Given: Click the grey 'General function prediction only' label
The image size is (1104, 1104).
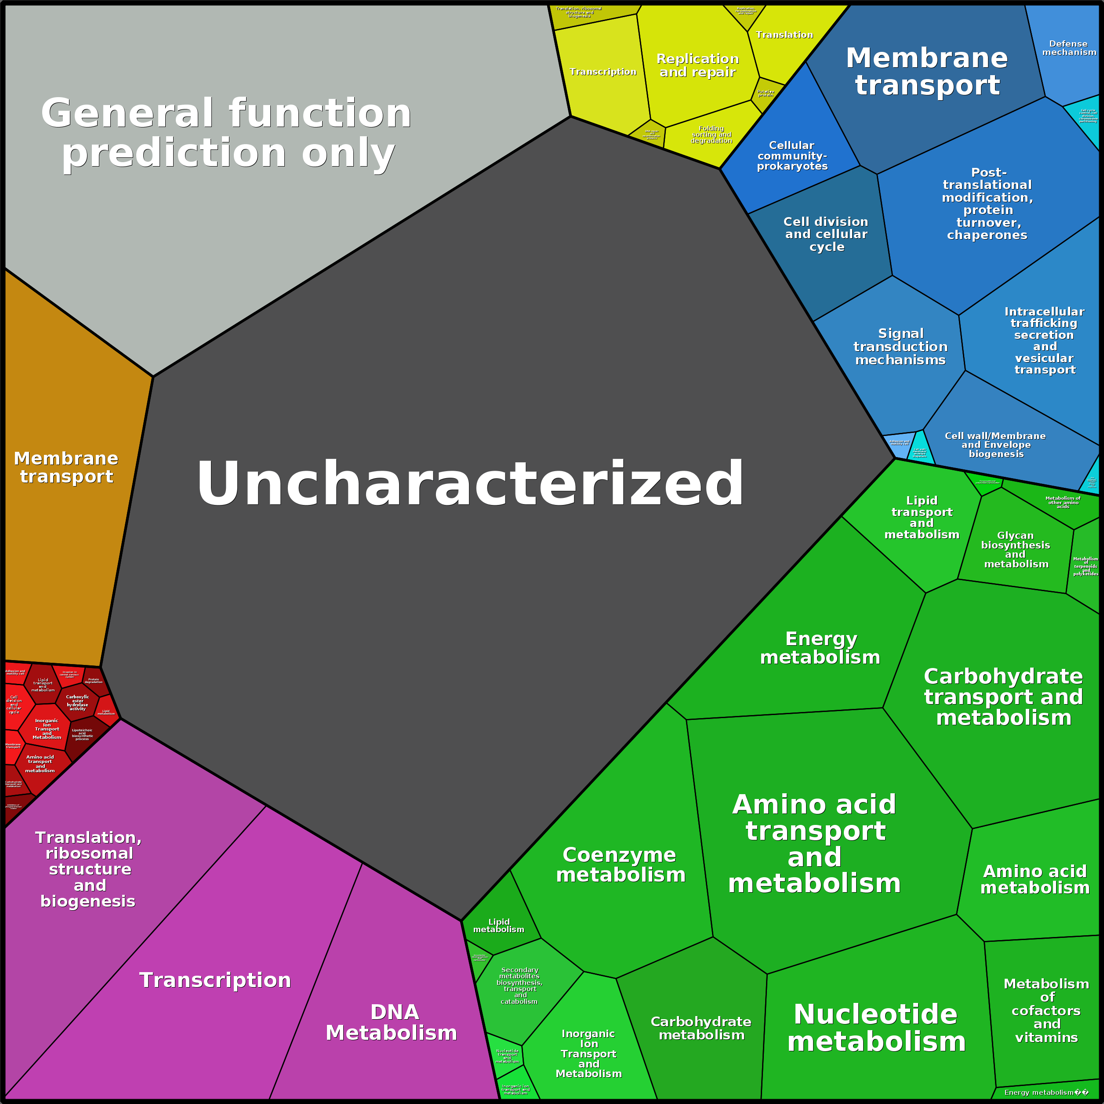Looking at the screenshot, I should (x=226, y=133).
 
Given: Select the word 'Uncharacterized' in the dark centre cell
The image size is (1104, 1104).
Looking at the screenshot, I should (x=470, y=483).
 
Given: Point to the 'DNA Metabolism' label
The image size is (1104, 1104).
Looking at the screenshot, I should (x=392, y=1022).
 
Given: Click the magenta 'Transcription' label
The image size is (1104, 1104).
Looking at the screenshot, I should (x=215, y=980).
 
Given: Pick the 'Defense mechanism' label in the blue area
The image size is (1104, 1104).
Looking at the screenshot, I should (x=1068, y=48).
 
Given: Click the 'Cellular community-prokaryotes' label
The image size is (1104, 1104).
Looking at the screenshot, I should (x=792, y=156).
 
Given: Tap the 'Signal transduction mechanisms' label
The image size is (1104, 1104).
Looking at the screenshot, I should (x=901, y=346).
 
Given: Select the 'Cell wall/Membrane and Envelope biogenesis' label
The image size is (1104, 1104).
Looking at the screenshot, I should (x=995, y=445).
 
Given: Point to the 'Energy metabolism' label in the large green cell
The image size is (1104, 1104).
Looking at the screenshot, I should (x=820, y=648).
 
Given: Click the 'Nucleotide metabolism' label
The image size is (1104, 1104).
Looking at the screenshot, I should (x=876, y=1028).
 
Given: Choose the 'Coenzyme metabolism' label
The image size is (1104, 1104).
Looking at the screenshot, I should (x=621, y=864).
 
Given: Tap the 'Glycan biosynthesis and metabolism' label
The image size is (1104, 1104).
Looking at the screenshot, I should (x=1015, y=550).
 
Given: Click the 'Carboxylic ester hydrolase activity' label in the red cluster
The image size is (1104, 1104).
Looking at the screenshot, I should (x=78, y=703).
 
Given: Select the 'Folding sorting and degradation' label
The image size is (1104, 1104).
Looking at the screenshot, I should (x=712, y=135).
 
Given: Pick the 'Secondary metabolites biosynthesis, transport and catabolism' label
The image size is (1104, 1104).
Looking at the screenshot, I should (x=519, y=986).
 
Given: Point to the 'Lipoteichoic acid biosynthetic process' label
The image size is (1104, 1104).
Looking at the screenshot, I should (x=82, y=734).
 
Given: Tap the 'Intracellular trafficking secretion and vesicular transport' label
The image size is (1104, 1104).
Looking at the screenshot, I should (x=1045, y=341).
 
